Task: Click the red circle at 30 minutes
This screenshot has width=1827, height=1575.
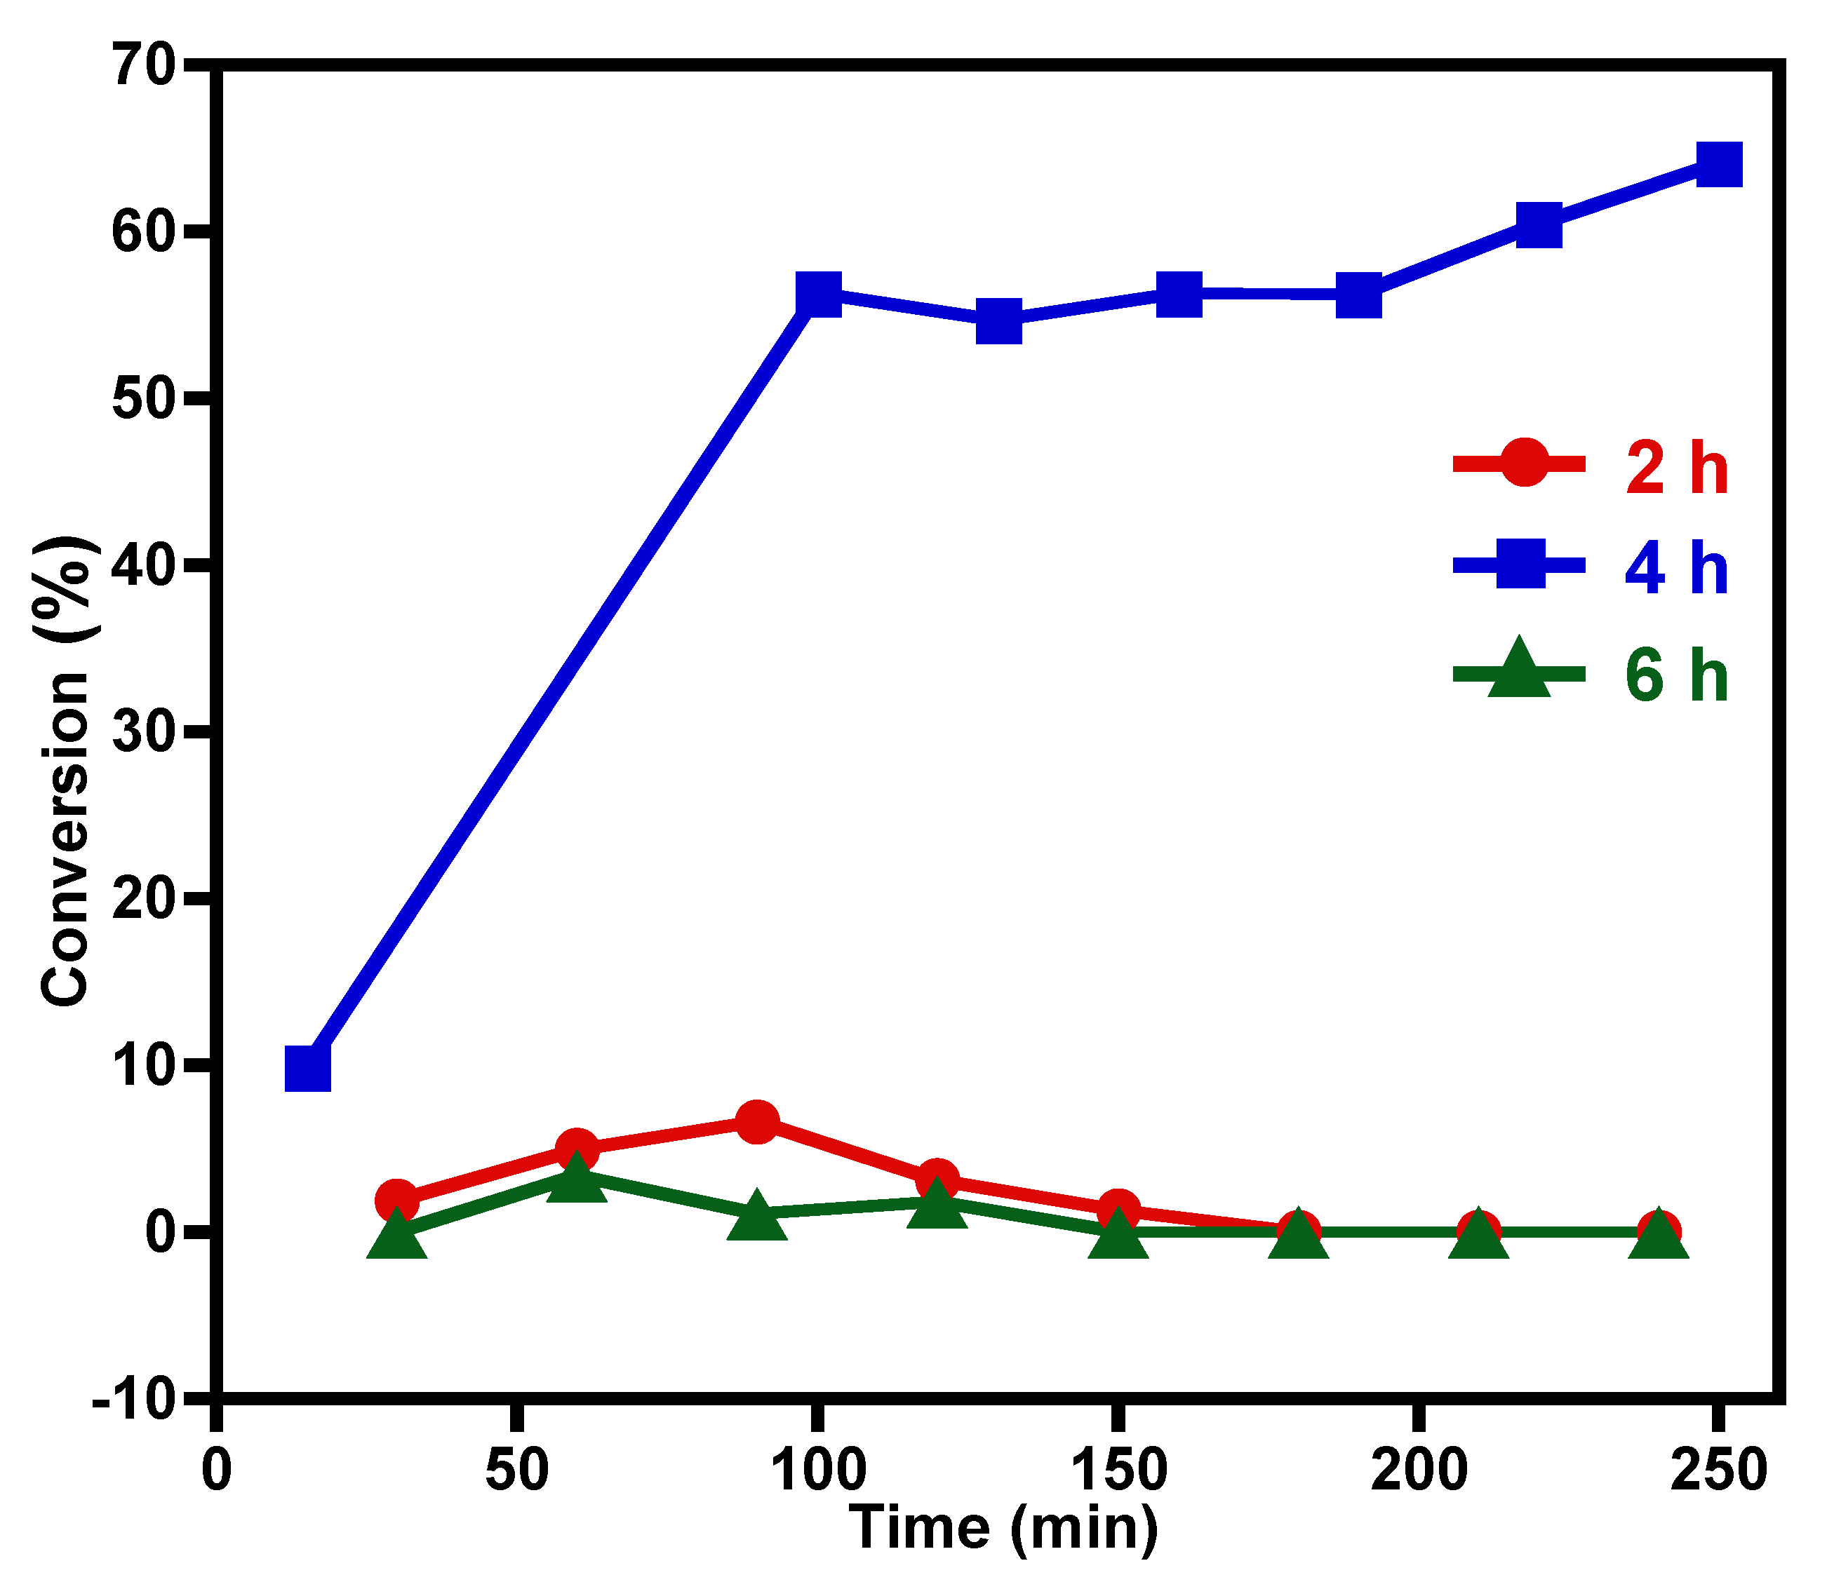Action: [x=397, y=1200]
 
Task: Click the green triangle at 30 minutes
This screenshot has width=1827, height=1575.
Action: [x=397, y=1235]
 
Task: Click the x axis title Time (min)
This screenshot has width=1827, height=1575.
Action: [x=1003, y=1527]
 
